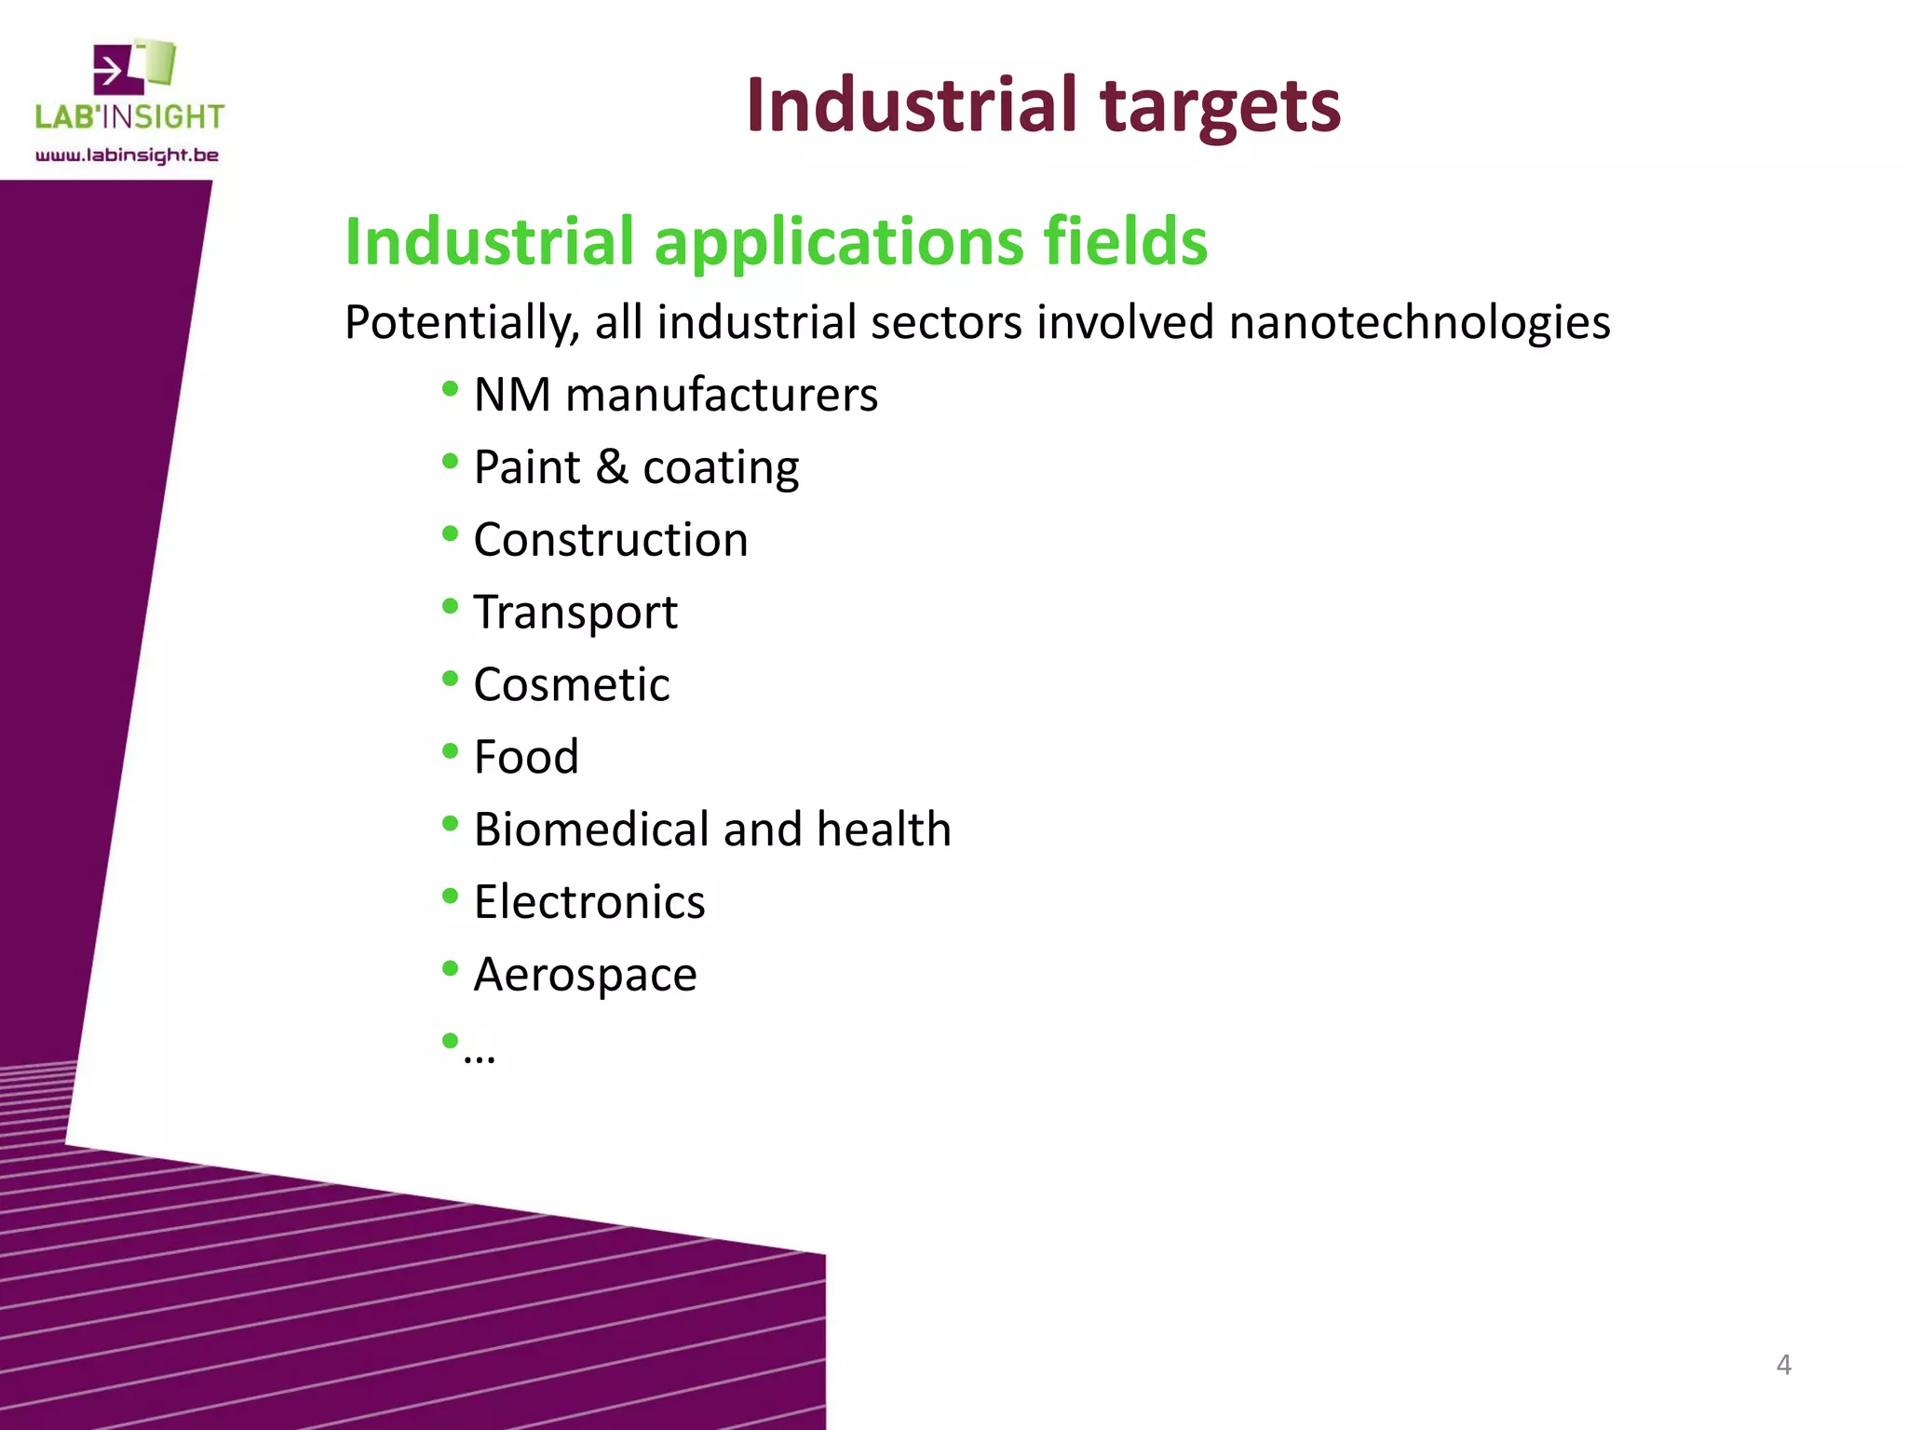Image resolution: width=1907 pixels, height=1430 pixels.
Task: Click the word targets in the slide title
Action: pyautogui.click(x=1220, y=107)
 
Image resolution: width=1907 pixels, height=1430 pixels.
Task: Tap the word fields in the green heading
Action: pyautogui.click(x=1125, y=241)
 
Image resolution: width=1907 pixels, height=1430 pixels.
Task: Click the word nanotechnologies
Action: pyautogui.click(x=1419, y=323)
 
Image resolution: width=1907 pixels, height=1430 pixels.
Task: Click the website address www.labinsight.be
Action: pyautogui.click(x=128, y=155)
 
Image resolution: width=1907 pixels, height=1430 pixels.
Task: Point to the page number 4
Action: pyautogui.click(x=1783, y=1365)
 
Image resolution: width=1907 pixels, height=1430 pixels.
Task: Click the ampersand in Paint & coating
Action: pyautogui.click(x=612, y=466)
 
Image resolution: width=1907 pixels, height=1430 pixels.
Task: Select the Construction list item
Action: pyautogui.click(x=610, y=540)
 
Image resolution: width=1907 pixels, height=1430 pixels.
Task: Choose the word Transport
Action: pyautogui.click(x=575, y=613)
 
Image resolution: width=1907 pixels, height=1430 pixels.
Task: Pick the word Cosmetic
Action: pyautogui.click(x=571, y=685)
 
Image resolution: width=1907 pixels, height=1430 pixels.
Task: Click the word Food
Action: pyautogui.click(x=526, y=757)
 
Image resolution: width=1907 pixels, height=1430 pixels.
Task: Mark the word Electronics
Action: pyautogui.click(x=589, y=902)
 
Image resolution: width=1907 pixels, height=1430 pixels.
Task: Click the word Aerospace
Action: pyautogui.click(x=585, y=975)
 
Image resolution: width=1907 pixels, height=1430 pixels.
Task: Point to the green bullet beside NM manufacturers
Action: pyautogui.click(x=451, y=389)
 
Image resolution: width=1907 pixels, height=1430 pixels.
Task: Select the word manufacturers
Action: pyautogui.click(x=722, y=395)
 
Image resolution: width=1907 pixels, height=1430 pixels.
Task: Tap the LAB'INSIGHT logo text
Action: pyautogui.click(x=129, y=117)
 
